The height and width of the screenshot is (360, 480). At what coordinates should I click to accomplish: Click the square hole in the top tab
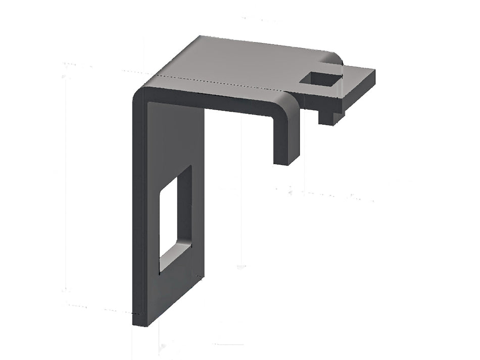coord(319,79)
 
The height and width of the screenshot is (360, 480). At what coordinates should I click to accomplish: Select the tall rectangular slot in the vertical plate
coord(175,217)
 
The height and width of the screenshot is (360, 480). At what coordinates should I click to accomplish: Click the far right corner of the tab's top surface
coord(374,70)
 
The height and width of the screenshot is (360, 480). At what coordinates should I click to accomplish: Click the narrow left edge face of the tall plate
coord(138,212)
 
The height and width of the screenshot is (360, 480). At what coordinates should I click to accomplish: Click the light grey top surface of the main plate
coord(237,61)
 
